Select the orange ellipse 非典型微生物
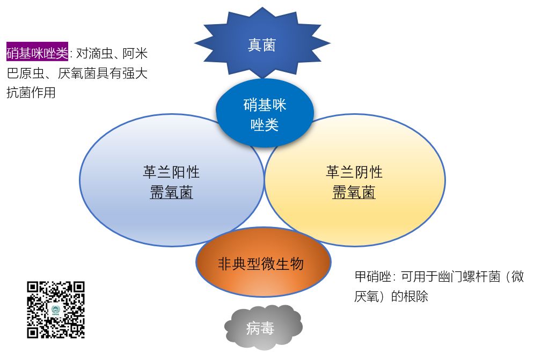261,263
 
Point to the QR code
56,310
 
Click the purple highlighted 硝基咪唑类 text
38,54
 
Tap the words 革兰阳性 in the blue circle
171,172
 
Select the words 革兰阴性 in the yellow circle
354,172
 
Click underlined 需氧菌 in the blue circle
171,193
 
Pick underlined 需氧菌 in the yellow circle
354,193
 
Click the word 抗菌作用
31,92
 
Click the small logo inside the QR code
56,310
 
